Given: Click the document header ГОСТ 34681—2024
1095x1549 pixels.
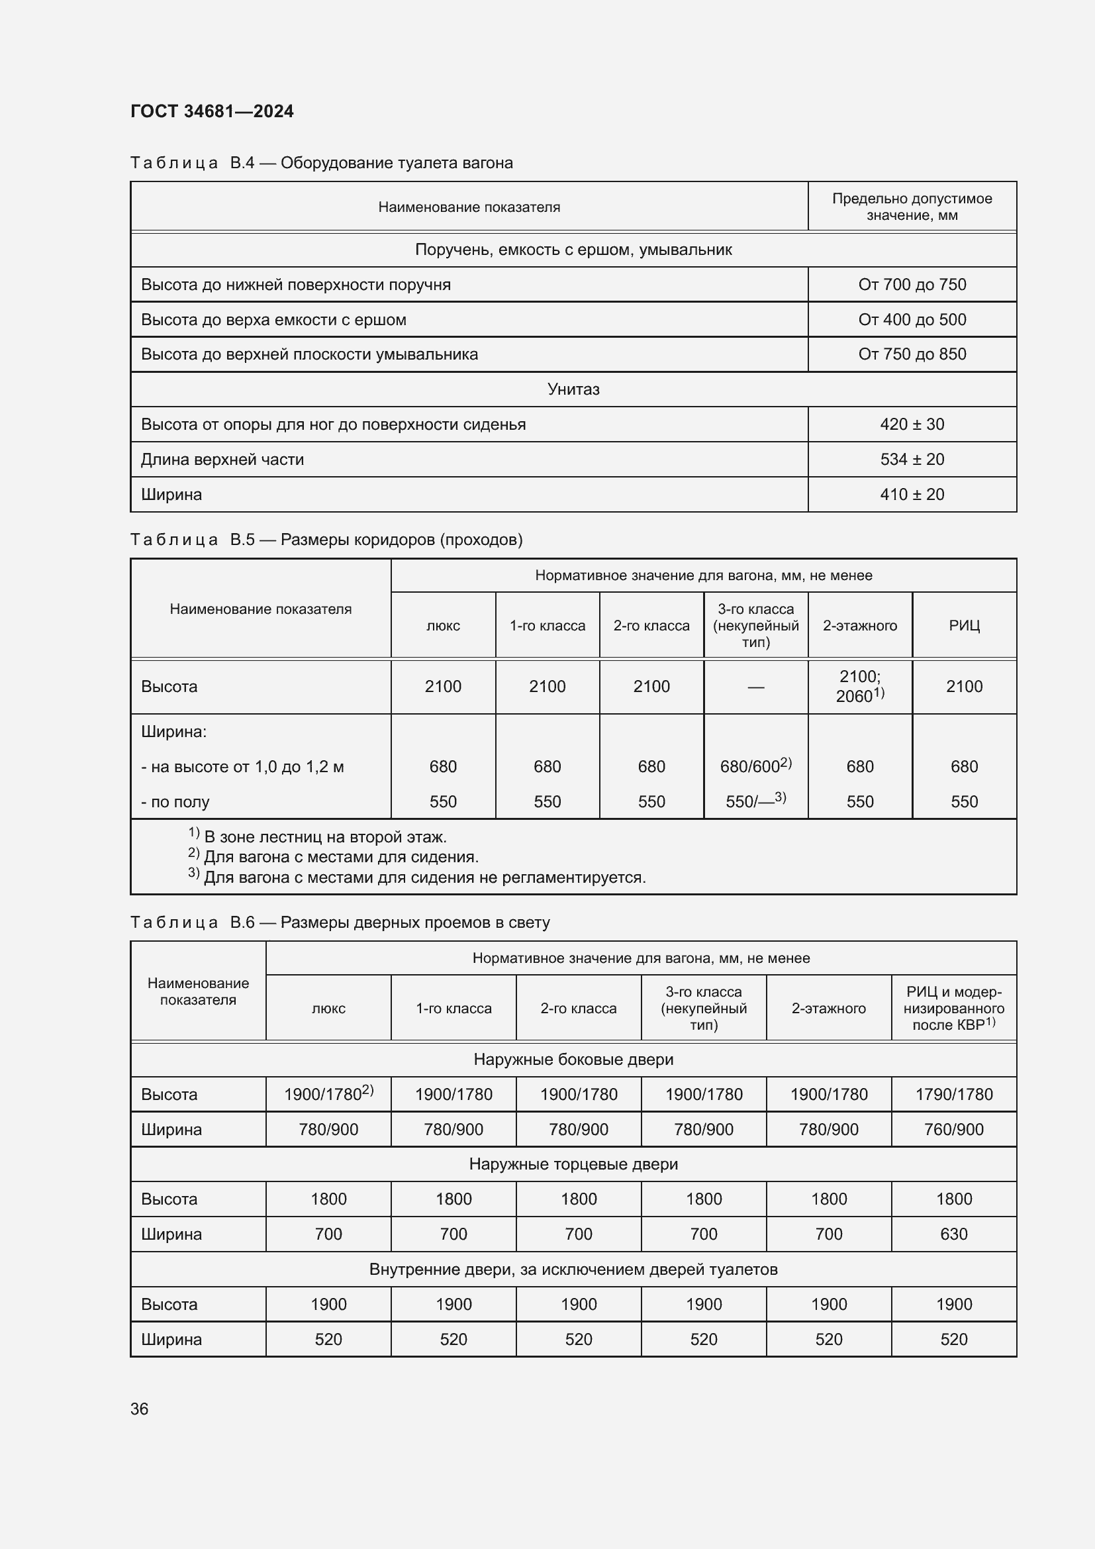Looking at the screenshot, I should [x=212, y=111].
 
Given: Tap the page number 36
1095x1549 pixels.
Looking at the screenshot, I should [x=139, y=1409].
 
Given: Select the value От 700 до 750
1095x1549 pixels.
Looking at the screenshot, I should [x=912, y=285].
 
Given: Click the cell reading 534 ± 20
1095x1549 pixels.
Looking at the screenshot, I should [x=912, y=460].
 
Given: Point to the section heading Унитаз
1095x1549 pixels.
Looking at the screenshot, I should [x=573, y=389].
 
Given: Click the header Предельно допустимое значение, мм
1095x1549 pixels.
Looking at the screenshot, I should [x=912, y=207].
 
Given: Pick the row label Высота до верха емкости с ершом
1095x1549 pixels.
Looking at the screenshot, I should [x=274, y=320].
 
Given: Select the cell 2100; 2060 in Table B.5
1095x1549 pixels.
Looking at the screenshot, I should [x=860, y=686].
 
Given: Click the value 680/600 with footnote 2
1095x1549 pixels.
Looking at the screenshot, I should [x=755, y=766].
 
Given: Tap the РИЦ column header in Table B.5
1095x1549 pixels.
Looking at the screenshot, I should [x=964, y=625].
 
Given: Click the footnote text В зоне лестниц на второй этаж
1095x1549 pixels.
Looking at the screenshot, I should [x=325, y=837].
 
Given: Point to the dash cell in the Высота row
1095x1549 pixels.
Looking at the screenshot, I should [x=756, y=687].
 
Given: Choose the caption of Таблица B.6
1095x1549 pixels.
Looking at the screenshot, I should [x=340, y=923].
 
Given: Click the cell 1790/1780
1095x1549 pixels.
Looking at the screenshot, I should [x=953, y=1094].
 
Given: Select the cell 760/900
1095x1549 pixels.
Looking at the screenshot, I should [x=953, y=1129].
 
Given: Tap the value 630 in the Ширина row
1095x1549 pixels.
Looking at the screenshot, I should [x=953, y=1234].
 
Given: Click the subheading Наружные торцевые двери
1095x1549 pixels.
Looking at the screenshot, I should [x=573, y=1164].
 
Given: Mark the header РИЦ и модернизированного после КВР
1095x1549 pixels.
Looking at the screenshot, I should [x=953, y=1008].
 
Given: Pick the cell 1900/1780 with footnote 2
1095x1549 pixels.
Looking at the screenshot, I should [x=328, y=1094].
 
